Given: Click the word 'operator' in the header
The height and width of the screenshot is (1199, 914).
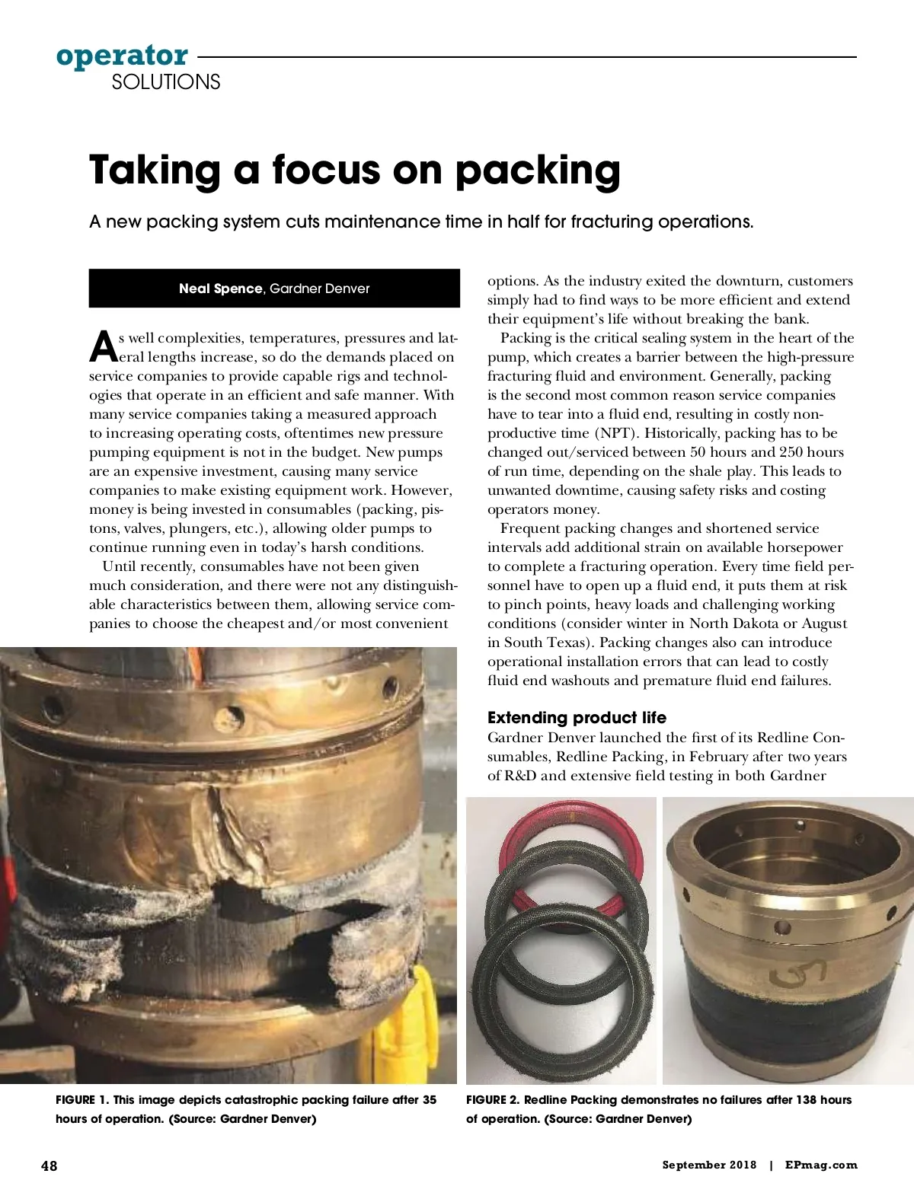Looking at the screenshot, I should [122, 56].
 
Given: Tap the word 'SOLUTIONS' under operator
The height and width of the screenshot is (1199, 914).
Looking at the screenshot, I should [166, 82].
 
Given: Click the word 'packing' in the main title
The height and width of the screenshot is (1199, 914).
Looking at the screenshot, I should [538, 171].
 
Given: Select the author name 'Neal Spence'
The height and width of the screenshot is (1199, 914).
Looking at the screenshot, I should [220, 289].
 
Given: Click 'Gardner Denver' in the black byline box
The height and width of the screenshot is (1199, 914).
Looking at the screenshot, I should [320, 289].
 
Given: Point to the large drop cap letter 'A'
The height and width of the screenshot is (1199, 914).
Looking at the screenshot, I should [103, 347].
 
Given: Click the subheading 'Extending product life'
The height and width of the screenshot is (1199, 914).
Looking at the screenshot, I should [577, 717].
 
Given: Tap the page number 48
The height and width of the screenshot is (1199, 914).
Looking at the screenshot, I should [49, 1166].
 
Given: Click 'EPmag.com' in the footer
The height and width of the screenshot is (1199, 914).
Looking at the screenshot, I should [821, 1165].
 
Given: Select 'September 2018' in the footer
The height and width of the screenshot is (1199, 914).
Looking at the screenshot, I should [709, 1165].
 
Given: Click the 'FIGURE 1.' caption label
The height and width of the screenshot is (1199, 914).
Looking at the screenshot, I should [82, 1099].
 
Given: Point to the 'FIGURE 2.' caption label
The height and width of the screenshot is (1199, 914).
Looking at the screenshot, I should [493, 1099].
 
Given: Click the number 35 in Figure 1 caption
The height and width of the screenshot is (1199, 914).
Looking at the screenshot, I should [429, 1099].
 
